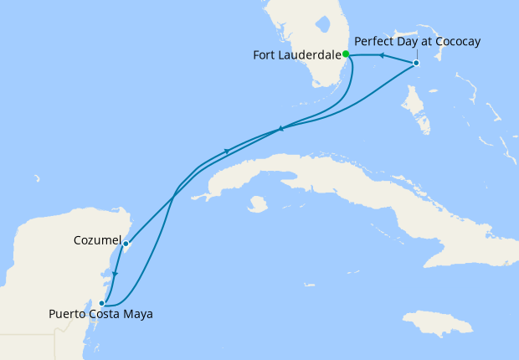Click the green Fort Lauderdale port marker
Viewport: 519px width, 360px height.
coord(346,55)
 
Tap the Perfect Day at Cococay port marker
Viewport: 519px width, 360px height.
coord(416,64)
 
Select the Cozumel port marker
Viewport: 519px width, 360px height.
coord(126,244)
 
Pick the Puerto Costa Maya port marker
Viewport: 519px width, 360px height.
coord(102,303)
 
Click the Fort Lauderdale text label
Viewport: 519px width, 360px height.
coord(296,56)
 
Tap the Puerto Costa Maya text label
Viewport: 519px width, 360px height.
coord(101,315)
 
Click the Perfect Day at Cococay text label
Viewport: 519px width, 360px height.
coord(418,41)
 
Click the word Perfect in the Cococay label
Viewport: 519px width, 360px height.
coord(374,41)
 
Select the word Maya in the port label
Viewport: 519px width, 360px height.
coord(137,315)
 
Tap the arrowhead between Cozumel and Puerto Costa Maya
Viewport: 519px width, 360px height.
coord(116,274)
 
